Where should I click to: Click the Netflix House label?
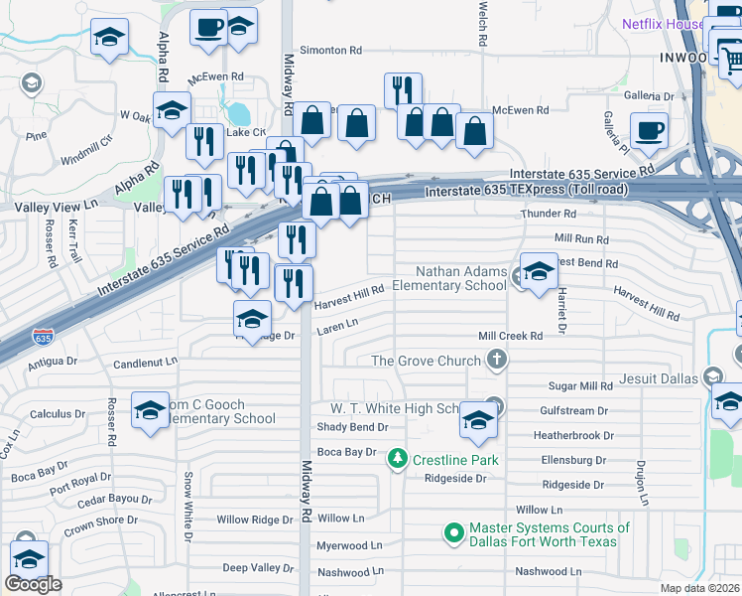(x=661, y=24)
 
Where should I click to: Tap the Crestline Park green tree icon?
(x=398, y=459)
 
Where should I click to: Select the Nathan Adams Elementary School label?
(x=449, y=278)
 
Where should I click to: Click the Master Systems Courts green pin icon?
(x=454, y=533)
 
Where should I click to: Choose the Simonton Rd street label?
(x=336, y=50)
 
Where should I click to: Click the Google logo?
(x=33, y=584)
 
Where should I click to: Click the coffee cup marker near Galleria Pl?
(x=649, y=132)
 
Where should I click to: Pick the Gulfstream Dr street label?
(x=573, y=410)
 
